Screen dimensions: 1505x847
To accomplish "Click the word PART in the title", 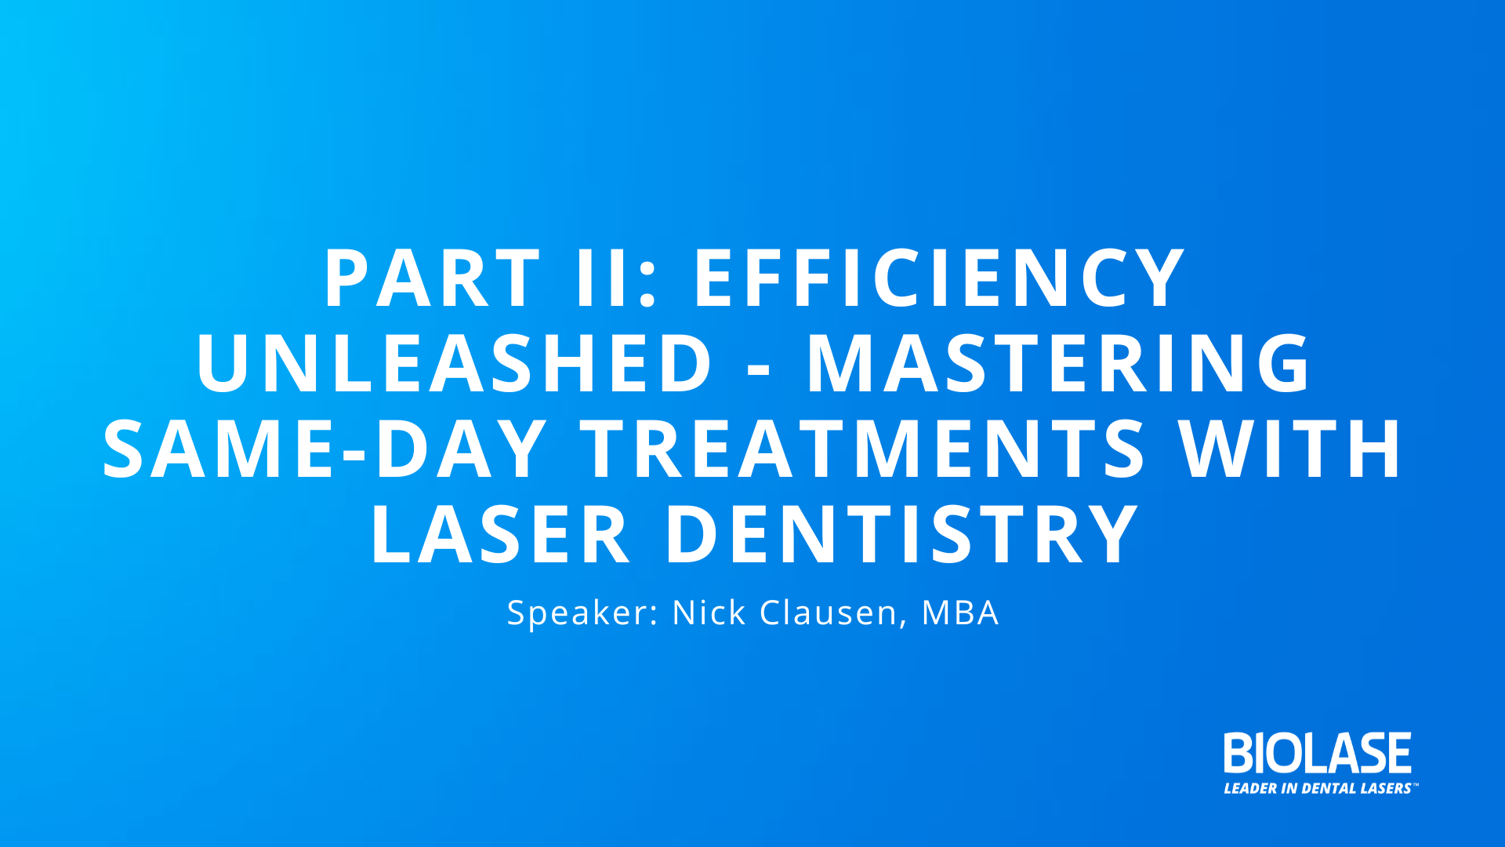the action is click(x=432, y=278).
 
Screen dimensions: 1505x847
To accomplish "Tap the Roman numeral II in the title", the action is click(x=603, y=278).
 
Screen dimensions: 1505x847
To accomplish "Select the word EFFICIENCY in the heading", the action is click(x=939, y=278).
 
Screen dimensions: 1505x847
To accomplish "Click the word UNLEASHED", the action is click(x=454, y=362).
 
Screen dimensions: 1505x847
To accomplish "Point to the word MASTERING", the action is click(x=1058, y=362).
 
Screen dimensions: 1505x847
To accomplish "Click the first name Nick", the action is click(x=709, y=612).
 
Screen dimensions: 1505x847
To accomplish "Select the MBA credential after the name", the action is click(x=960, y=613).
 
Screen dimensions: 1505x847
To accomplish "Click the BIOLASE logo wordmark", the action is click(x=1318, y=753).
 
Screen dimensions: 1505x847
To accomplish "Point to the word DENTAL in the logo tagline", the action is click(x=1329, y=788).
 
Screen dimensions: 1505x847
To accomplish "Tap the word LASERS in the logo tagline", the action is click(x=1386, y=788).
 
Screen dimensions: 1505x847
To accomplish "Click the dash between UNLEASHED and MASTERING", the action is click(x=759, y=369).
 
